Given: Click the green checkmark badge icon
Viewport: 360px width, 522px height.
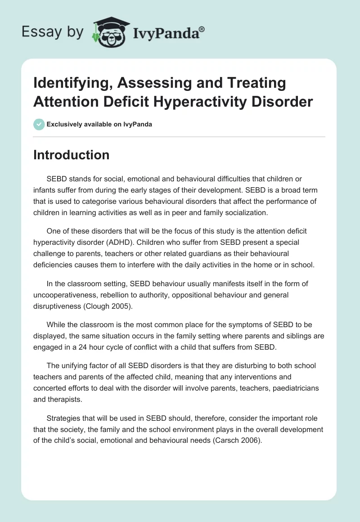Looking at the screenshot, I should point(39,124).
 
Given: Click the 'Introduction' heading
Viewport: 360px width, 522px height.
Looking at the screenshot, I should point(72,155).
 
